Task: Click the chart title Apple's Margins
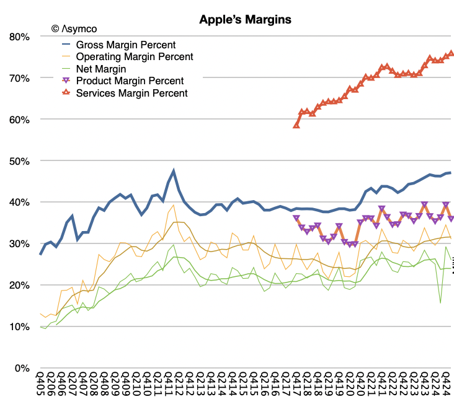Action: pyautogui.click(x=245, y=20)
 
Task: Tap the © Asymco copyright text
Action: pyautogui.click(x=74, y=28)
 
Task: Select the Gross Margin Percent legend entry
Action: pyautogui.click(x=125, y=45)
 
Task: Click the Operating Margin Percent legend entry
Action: pyautogui.click(x=134, y=56)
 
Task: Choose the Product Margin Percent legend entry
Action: pyautogui.click(x=129, y=81)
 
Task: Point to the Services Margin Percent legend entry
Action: pyautogui.click(x=131, y=94)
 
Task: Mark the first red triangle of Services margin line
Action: pyautogui.click(x=296, y=125)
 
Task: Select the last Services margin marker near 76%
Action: pyautogui.click(x=451, y=53)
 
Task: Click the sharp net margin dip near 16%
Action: pyautogui.click(x=440, y=303)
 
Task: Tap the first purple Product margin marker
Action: pyautogui.click(x=296, y=218)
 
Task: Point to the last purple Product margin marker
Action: pyautogui.click(x=451, y=219)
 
